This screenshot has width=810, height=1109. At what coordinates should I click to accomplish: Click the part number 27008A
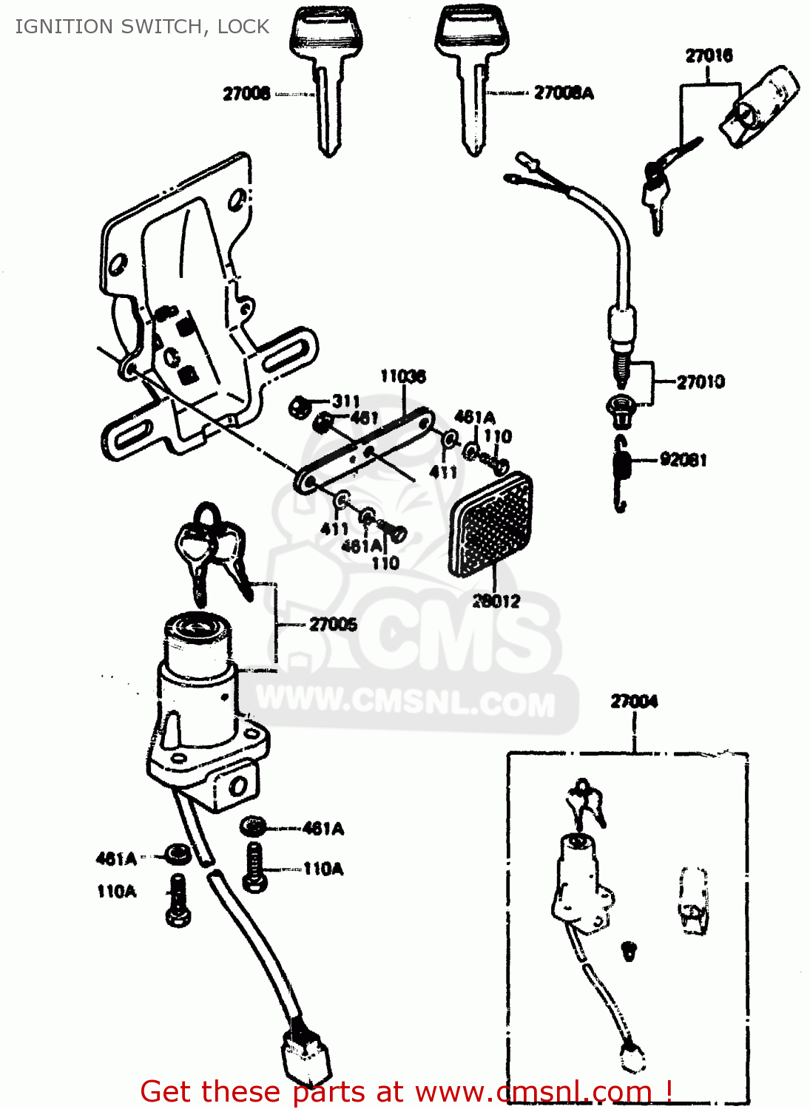564,92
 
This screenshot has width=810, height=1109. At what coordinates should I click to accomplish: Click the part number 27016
709,55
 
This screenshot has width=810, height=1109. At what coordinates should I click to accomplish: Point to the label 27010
701,381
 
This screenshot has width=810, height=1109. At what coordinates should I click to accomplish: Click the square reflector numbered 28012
490,524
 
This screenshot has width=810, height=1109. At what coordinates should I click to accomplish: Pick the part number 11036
402,376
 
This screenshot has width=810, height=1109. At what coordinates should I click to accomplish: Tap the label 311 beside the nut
345,401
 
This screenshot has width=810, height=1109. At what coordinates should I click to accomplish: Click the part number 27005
333,624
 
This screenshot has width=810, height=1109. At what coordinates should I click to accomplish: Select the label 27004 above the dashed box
634,701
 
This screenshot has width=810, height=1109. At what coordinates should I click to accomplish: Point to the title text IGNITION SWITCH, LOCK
142,27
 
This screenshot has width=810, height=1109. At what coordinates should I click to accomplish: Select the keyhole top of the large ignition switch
197,628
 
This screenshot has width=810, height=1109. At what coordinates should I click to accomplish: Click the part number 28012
496,601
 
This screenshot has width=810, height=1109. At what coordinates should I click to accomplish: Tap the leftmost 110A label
116,892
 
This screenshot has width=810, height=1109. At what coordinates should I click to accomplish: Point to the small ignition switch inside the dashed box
581,880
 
